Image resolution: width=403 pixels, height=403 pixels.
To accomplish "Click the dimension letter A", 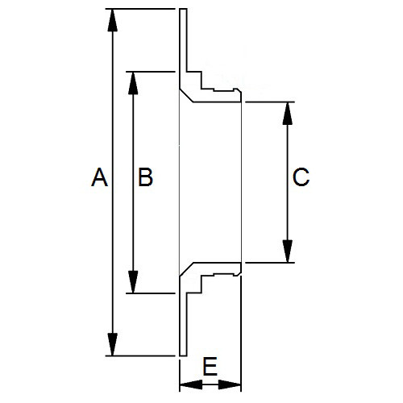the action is pyautogui.click(x=99, y=177).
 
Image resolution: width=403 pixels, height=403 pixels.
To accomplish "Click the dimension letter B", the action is pyautogui.click(x=145, y=177).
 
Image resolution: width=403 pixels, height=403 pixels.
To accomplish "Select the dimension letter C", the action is pyautogui.click(x=301, y=177).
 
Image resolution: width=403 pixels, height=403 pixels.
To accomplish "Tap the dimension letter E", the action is pyautogui.click(x=210, y=367).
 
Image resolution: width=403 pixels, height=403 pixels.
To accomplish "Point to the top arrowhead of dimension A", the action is pyautogui.click(x=113, y=20).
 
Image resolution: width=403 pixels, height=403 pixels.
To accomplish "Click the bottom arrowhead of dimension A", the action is pyautogui.click(x=113, y=344).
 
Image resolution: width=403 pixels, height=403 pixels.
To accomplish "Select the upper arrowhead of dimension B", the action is pyautogui.click(x=133, y=83).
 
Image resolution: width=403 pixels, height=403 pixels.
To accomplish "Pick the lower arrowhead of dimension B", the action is pyautogui.click(x=133, y=282).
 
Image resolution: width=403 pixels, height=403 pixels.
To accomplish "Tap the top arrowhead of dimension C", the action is pyautogui.click(x=288, y=114).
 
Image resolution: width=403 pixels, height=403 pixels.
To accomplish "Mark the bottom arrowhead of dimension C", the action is pyautogui.click(x=288, y=251).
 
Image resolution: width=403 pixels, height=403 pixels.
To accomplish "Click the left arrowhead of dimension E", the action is pyautogui.click(x=191, y=384).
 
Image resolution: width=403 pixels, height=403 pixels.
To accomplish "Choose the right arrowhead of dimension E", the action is pyautogui.click(x=230, y=384).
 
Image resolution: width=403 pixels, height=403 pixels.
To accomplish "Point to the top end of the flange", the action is pyautogui.click(x=183, y=9).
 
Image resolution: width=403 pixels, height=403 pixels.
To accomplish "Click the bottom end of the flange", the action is pyautogui.click(x=183, y=355).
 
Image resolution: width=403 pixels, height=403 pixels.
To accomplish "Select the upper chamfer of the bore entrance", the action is pyautogui.click(x=186, y=96).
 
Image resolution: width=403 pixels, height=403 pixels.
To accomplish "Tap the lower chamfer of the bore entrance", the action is pyautogui.click(x=186, y=269).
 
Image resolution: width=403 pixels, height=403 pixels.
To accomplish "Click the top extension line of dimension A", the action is pyautogui.click(x=140, y=9).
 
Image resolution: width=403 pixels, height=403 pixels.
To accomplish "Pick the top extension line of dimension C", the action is pyautogui.click(x=270, y=102).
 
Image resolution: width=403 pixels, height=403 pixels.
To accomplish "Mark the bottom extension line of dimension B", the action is pyautogui.click(x=151, y=293).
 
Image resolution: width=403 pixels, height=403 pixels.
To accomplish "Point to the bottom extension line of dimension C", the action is pyautogui.click(x=270, y=262).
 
